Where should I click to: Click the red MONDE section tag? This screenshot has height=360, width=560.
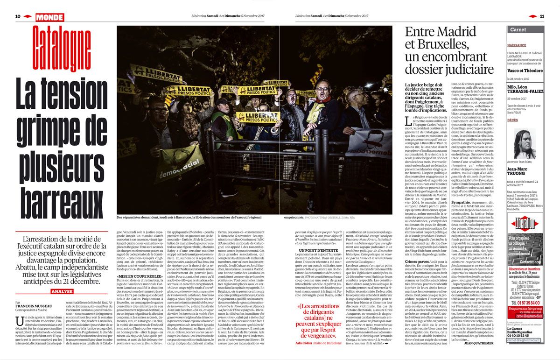[49, 17]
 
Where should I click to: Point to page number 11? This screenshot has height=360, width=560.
[542, 16]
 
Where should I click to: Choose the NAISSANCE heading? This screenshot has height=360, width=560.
[519, 45]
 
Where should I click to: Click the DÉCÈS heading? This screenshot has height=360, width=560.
[515, 120]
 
